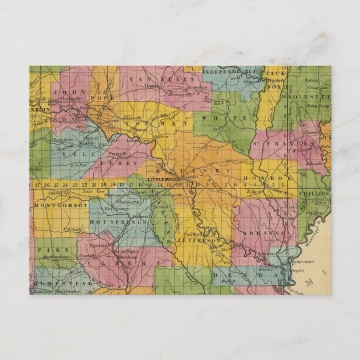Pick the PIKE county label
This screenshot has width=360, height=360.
click(x=45, y=251)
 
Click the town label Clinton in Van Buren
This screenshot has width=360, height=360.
click(x=151, y=87)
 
